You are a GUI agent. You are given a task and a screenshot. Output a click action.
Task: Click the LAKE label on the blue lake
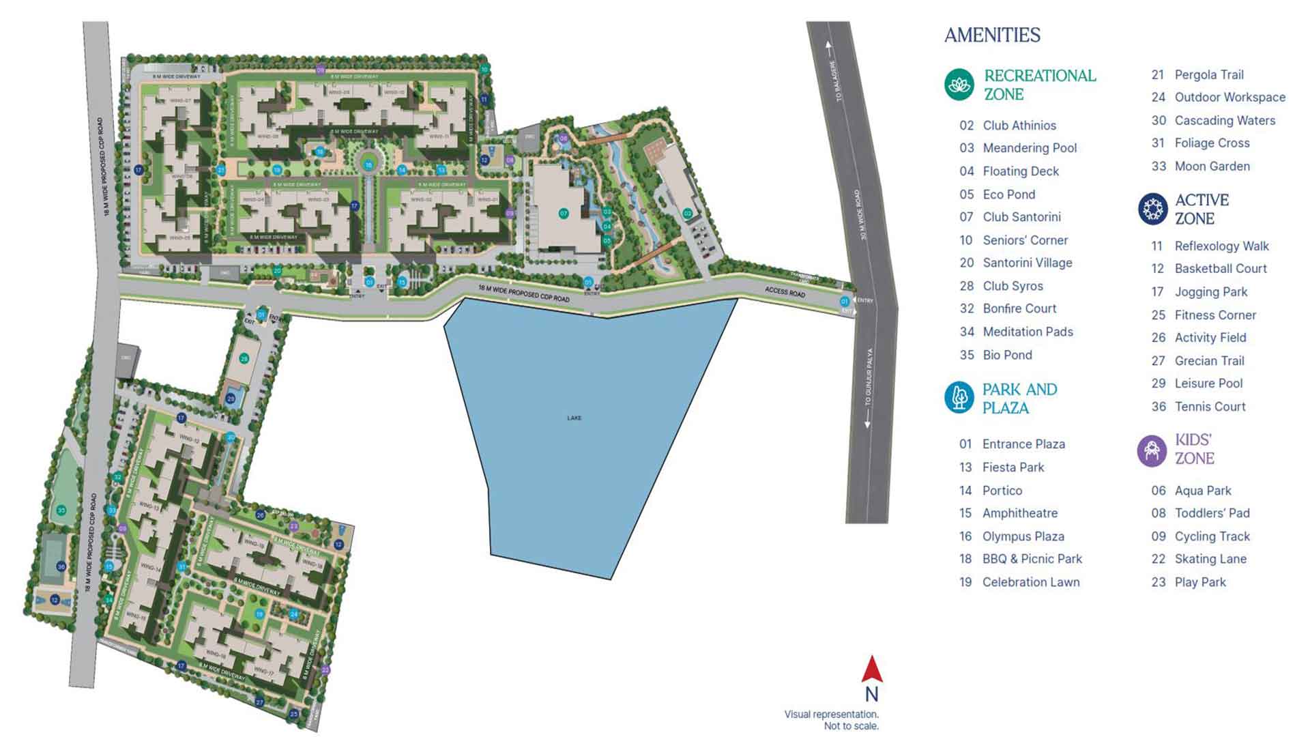(x=574, y=418)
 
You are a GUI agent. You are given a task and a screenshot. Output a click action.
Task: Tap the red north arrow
(x=871, y=670)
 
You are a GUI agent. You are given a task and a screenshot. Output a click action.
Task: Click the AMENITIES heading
(x=992, y=35)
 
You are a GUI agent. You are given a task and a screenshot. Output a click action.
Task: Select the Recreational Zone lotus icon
(x=959, y=85)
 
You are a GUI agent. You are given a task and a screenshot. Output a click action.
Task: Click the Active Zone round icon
(x=1152, y=209)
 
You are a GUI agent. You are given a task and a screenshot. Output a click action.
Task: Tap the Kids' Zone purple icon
(x=1152, y=450)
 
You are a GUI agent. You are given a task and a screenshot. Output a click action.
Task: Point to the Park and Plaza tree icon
(x=959, y=398)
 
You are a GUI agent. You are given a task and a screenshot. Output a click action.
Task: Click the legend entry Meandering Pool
(x=1029, y=148)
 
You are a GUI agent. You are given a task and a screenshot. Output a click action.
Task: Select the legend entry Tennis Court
(x=1209, y=407)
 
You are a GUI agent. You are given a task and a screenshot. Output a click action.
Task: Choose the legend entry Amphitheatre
(x=1019, y=513)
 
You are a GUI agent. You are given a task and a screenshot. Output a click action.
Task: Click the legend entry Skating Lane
(x=1210, y=559)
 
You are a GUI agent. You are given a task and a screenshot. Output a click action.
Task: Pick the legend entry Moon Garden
(x=1212, y=167)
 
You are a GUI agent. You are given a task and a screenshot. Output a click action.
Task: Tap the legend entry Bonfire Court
(x=1019, y=308)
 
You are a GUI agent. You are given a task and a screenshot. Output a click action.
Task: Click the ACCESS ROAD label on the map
(x=785, y=291)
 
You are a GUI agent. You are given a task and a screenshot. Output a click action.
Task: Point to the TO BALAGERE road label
(x=837, y=81)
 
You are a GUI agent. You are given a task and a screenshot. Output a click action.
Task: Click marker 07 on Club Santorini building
(x=564, y=214)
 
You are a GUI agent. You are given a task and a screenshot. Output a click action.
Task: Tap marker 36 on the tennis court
(x=61, y=566)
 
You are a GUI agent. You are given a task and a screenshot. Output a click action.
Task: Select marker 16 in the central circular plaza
(x=368, y=165)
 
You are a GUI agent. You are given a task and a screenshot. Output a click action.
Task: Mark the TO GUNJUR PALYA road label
(x=869, y=377)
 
